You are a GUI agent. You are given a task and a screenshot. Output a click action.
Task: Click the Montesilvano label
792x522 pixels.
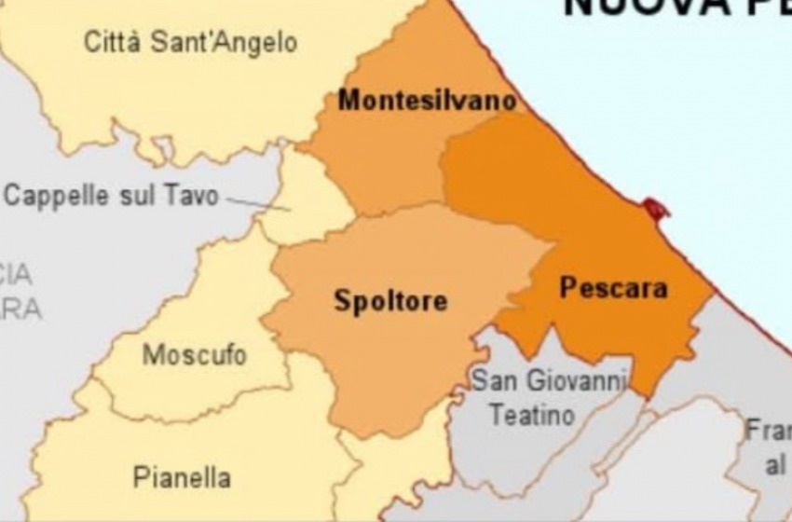click(x=427, y=101)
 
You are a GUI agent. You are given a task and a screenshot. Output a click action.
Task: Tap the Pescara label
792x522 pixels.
click(x=613, y=288)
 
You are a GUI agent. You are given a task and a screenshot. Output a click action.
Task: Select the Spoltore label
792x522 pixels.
click(x=390, y=301)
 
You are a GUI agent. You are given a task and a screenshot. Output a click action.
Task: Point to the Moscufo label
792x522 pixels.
click(x=195, y=355)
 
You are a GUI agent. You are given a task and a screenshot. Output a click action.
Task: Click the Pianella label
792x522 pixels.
click(x=182, y=478)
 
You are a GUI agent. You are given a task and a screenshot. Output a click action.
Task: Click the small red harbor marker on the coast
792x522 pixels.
click(x=656, y=209)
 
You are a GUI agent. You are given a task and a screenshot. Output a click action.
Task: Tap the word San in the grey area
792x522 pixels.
click(x=489, y=380)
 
